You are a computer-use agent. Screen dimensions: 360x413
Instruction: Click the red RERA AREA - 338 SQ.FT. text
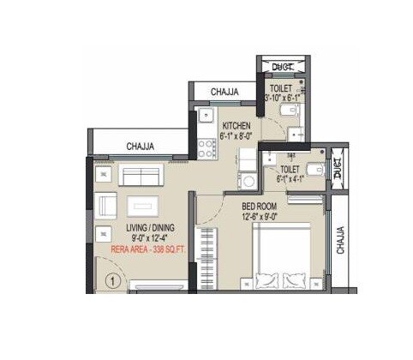pos(151,249)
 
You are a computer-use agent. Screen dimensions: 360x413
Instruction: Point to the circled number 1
pos(111,279)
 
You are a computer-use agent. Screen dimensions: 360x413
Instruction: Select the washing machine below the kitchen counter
pos(248,181)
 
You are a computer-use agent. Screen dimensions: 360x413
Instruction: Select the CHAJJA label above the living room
pos(141,147)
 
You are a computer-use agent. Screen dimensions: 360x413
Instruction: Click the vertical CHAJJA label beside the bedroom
pos(340,241)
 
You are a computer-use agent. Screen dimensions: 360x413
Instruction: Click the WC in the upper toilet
pos(291,111)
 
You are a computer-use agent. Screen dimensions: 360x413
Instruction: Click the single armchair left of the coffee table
pos(106,206)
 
